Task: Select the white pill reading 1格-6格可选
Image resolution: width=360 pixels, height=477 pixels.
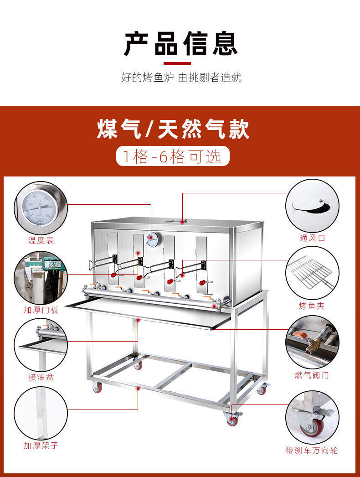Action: pos(173,156)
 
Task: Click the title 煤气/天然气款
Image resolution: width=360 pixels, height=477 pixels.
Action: pos(173,129)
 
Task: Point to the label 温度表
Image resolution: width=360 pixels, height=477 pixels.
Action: pos(41,240)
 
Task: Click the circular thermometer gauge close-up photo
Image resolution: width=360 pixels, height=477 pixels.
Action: pos(41,208)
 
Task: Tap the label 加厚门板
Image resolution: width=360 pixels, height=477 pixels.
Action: pos(41,310)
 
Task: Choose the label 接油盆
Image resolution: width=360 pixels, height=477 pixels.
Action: pos(41,377)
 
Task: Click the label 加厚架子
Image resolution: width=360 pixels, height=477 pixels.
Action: pos(41,445)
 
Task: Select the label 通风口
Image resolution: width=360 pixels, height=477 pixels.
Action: pos(313,238)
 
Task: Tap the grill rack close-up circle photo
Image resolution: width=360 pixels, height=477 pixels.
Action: pos(312,274)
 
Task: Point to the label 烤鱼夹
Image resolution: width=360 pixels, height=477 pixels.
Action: pos(312,306)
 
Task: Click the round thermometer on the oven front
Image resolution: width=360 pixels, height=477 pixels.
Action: pos(152,239)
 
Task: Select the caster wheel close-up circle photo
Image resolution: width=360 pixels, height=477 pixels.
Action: pos(312,417)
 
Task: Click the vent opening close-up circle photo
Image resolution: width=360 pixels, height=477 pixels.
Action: pos(312,206)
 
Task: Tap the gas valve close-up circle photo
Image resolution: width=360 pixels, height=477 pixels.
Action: pos(312,342)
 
